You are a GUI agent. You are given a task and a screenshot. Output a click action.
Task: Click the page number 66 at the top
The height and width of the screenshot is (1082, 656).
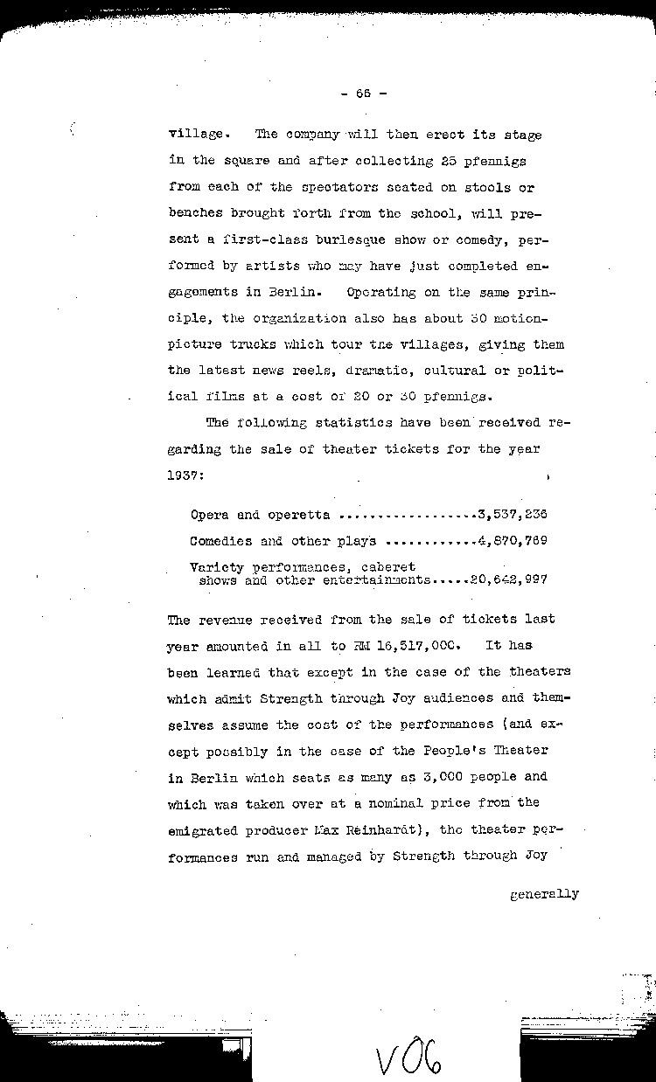click(x=360, y=92)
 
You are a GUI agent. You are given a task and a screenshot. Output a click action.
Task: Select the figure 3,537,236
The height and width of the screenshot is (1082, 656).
click(x=512, y=515)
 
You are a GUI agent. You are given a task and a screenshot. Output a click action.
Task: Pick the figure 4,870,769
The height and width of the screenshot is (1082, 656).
click(x=512, y=541)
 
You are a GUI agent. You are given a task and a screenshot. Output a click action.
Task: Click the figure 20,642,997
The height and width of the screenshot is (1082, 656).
click(x=508, y=579)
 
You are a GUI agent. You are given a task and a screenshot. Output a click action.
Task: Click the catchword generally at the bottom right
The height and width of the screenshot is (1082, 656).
click(x=543, y=893)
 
